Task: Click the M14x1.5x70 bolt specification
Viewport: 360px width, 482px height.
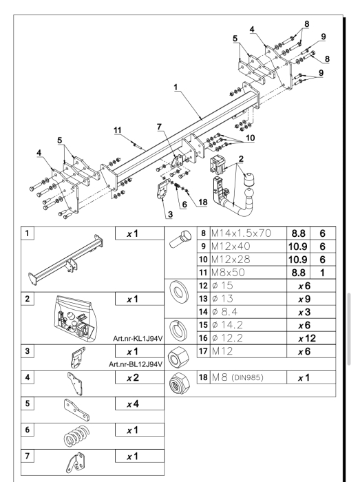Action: point(241,233)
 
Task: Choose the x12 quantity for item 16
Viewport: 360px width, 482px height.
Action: point(307,339)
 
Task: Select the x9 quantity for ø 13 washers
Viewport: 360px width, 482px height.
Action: point(304,299)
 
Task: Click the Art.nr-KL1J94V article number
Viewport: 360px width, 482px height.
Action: point(138,339)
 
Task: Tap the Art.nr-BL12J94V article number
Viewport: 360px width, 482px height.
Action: point(136,364)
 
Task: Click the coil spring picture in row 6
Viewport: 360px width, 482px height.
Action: point(77,436)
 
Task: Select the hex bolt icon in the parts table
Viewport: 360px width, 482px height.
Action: point(180,240)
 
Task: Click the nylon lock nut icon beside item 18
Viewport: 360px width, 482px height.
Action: point(180,384)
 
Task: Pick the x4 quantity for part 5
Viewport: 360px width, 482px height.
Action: point(133,404)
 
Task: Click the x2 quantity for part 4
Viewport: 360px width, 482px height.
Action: point(133,378)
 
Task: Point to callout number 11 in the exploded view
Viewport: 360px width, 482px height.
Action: point(118,130)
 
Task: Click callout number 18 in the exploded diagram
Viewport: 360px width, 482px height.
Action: point(203,202)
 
